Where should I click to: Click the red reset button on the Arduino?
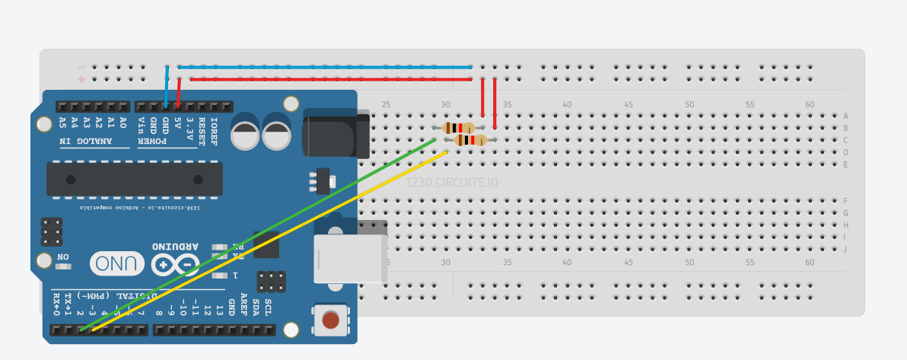(x=330, y=320)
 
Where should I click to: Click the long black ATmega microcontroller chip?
(x=135, y=179)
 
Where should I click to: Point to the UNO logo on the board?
(x=117, y=263)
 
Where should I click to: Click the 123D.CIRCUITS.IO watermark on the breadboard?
(x=452, y=183)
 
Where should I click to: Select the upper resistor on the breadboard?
(x=458, y=128)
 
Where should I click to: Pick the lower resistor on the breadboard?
(x=470, y=140)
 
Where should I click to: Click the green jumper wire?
(x=259, y=234)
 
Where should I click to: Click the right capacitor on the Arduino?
(x=277, y=132)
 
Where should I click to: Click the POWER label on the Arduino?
(x=167, y=141)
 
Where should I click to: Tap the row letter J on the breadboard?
(x=845, y=250)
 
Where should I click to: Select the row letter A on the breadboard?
(x=845, y=116)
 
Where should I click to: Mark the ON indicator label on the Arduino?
(x=63, y=257)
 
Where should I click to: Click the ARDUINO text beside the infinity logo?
(x=175, y=247)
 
